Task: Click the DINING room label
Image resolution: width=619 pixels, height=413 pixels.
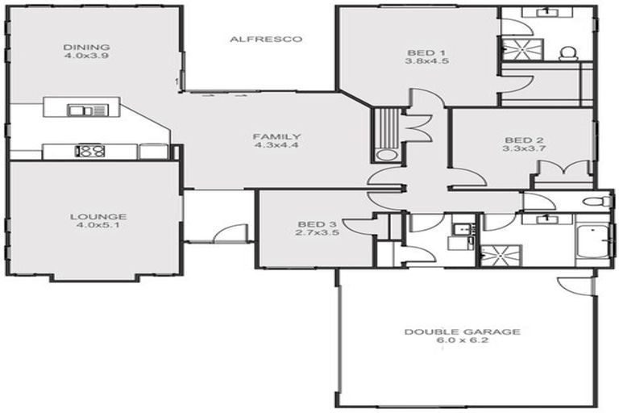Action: [x=87, y=48]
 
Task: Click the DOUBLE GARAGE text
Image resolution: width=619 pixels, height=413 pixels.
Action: [x=463, y=332]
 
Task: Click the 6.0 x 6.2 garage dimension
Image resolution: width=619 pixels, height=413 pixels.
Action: [x=463, y=341]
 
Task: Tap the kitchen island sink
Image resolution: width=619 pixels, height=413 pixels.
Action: [x=81, y=110]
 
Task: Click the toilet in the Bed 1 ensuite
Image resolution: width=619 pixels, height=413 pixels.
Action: [x=567, y=53]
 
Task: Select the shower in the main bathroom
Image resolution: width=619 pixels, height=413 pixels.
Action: [x=500, y=254]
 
